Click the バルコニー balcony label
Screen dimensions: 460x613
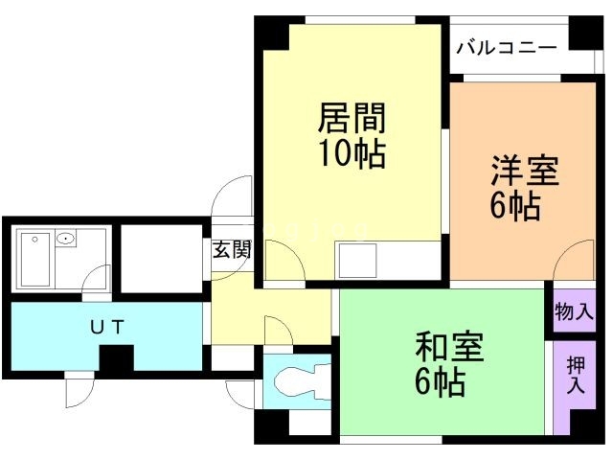point(507,46)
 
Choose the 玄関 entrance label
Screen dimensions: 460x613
point(231,251)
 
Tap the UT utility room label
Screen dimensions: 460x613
point(106,327)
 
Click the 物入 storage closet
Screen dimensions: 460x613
point(574,311)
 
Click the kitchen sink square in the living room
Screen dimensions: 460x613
point(356,260)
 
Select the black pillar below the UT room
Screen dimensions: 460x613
point(117,359)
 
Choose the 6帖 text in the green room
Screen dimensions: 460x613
point(440,382)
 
